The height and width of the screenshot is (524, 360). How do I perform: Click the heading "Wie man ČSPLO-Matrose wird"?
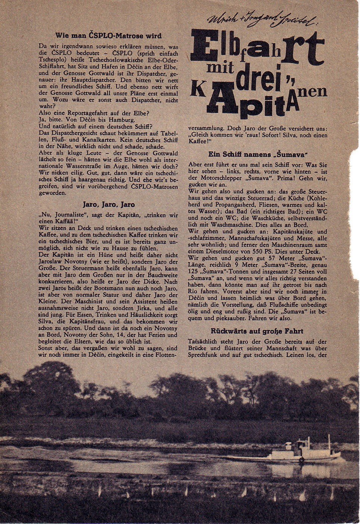(x=108, y=36)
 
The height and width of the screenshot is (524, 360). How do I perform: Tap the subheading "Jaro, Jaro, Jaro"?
(x=108, y=205)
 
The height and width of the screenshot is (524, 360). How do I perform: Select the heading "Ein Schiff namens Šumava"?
(x=258, y=154)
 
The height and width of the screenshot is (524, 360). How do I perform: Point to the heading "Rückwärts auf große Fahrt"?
(x=257, y=331)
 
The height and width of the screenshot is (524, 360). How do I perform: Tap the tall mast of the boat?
(x=329, y=443)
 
